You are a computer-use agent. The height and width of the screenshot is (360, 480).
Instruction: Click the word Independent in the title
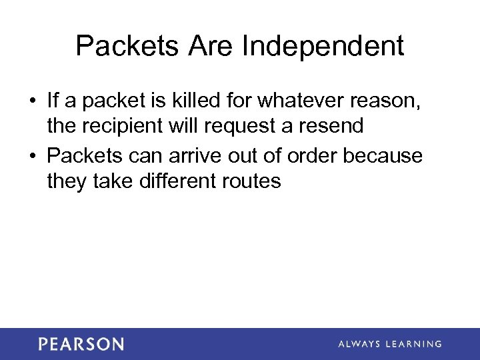[x=323, y=46]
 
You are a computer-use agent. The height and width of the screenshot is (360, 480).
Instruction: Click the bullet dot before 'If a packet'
[x=32, y=101]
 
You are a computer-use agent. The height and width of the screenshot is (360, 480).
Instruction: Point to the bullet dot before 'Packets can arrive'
[x=32, y=157]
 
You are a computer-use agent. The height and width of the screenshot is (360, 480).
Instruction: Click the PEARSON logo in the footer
[x=81, y=344]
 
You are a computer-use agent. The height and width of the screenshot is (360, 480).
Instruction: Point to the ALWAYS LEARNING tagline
[x=390, y=344]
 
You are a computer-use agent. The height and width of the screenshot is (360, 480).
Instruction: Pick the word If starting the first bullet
[x=53, y=101]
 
